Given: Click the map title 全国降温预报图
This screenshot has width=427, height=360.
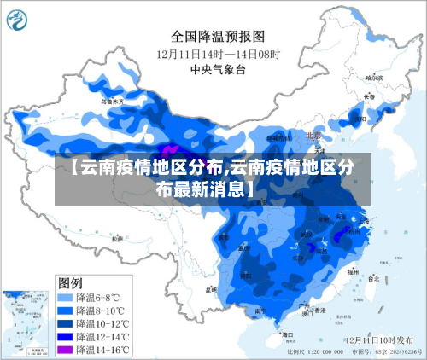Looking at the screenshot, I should point(218,36).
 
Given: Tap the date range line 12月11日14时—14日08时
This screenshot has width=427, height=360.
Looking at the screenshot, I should point(218,53).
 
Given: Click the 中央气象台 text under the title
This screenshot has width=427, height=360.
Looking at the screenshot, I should point(218,68).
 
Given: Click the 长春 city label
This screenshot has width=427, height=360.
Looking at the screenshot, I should point(369,96).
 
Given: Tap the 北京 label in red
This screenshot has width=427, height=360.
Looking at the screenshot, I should point(313,135).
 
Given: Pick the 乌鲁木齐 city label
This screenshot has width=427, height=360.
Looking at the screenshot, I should point(113,102).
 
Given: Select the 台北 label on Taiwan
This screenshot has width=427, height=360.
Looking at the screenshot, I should point(374,278).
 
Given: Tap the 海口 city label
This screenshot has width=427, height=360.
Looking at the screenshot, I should point(289,334).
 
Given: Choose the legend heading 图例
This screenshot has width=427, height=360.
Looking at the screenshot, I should point(70,282).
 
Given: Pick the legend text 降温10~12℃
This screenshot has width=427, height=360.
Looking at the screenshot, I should point(103,324).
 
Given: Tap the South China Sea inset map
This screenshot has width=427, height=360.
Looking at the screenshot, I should point(26,320).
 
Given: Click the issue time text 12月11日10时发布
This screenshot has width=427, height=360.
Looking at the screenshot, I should point(379,340).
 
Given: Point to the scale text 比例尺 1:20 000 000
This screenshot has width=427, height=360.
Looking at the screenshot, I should point(318,351).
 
